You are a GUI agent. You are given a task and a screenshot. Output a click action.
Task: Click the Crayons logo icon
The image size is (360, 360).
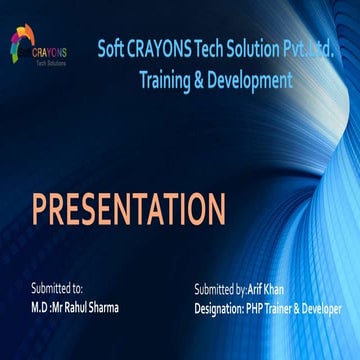click(22, 40)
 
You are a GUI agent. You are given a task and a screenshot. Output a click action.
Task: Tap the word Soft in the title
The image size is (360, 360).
click(115, 49)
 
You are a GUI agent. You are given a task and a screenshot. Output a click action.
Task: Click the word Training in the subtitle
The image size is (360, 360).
click(169, 81)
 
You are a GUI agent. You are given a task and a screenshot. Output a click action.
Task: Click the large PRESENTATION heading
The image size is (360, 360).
click(128, 209)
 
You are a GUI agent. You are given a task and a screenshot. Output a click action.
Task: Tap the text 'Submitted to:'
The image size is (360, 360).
click(57, 288)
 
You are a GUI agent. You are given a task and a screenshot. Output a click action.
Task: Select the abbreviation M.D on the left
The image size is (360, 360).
click(43, 308)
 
